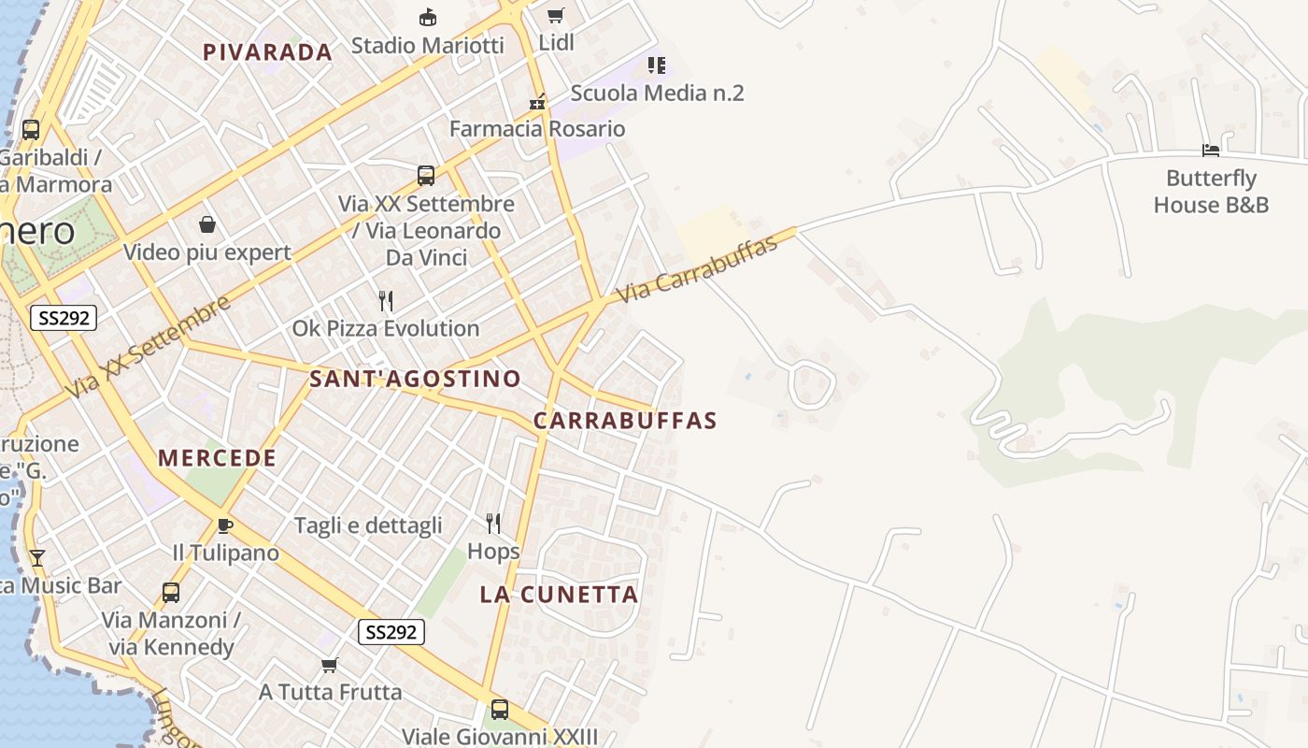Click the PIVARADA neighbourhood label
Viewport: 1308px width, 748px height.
tap(267, 52)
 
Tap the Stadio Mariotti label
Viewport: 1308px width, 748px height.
tap(427, 45)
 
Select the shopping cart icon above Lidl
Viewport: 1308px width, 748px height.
tap(556, 15)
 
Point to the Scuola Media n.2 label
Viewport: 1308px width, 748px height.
tap(657, 93)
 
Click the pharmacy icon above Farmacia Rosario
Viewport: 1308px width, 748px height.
tap(537, 102)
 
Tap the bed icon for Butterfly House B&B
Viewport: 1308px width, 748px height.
tap(1211, 151)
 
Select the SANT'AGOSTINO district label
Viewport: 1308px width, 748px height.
tap(415, 379)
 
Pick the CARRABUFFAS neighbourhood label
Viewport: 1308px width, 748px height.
tap(625, 421)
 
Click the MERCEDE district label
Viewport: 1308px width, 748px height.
tap(217, 458)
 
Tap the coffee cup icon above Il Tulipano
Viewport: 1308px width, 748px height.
tap(224, 525)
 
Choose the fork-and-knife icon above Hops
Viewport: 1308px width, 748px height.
tap(493, 524)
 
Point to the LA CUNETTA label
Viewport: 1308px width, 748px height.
tap(559, 595)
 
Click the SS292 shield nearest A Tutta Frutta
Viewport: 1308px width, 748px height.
tap(391, 632)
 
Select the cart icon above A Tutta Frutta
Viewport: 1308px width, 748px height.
tap(329, 665)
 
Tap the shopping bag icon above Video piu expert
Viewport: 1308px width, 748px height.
tap(207, 224)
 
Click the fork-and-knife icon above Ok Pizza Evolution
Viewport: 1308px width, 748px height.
tap(385, 300)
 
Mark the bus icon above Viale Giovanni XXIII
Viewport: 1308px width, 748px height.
tap(500, 710)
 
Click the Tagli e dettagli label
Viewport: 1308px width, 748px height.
tap(368, 525)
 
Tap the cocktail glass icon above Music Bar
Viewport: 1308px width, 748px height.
tap(37, 558)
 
